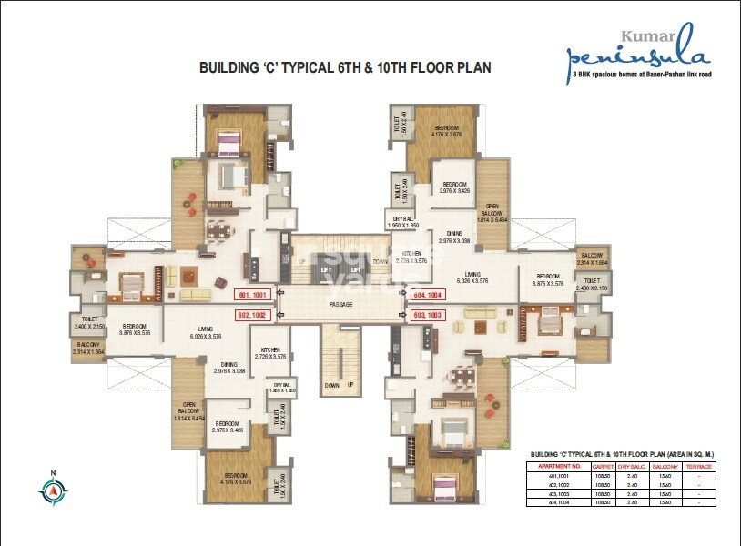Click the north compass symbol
pos(53,490)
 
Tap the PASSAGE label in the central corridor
pos(341,305)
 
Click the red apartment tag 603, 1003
pos(427,314)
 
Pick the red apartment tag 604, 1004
pos(427,296)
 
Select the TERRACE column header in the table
pos(699,465)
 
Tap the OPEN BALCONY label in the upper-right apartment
pos(492,211)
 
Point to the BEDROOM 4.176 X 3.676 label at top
pos(446,132)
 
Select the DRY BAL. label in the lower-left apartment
pos(280,387)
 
